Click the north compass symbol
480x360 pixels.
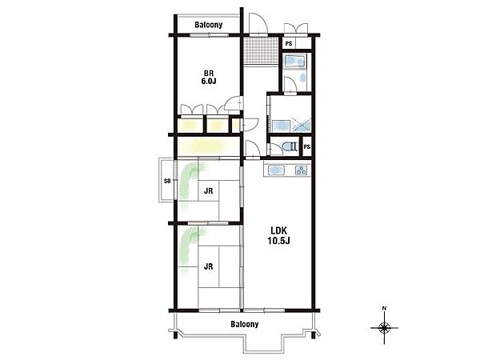click(384, 328)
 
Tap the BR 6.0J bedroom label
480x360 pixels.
click(209, 78)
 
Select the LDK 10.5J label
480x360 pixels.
click(278, 235)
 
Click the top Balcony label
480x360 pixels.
click(209, 25)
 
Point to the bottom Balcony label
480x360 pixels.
click(245, 324)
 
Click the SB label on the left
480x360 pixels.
click(167, 181)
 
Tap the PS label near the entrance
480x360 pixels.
click(289, 44)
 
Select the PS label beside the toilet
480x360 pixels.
click(306, 147)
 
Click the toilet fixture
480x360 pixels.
click(290, 146)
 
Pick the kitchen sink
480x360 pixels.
click(277, 170)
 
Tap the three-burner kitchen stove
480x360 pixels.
click(301, 170)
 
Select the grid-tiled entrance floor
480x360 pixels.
click(261, 50)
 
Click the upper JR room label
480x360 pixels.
click(209, 191)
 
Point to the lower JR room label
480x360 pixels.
click(209, 266)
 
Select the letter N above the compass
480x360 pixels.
click(384, 308)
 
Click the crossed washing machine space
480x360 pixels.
click(302, 126)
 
